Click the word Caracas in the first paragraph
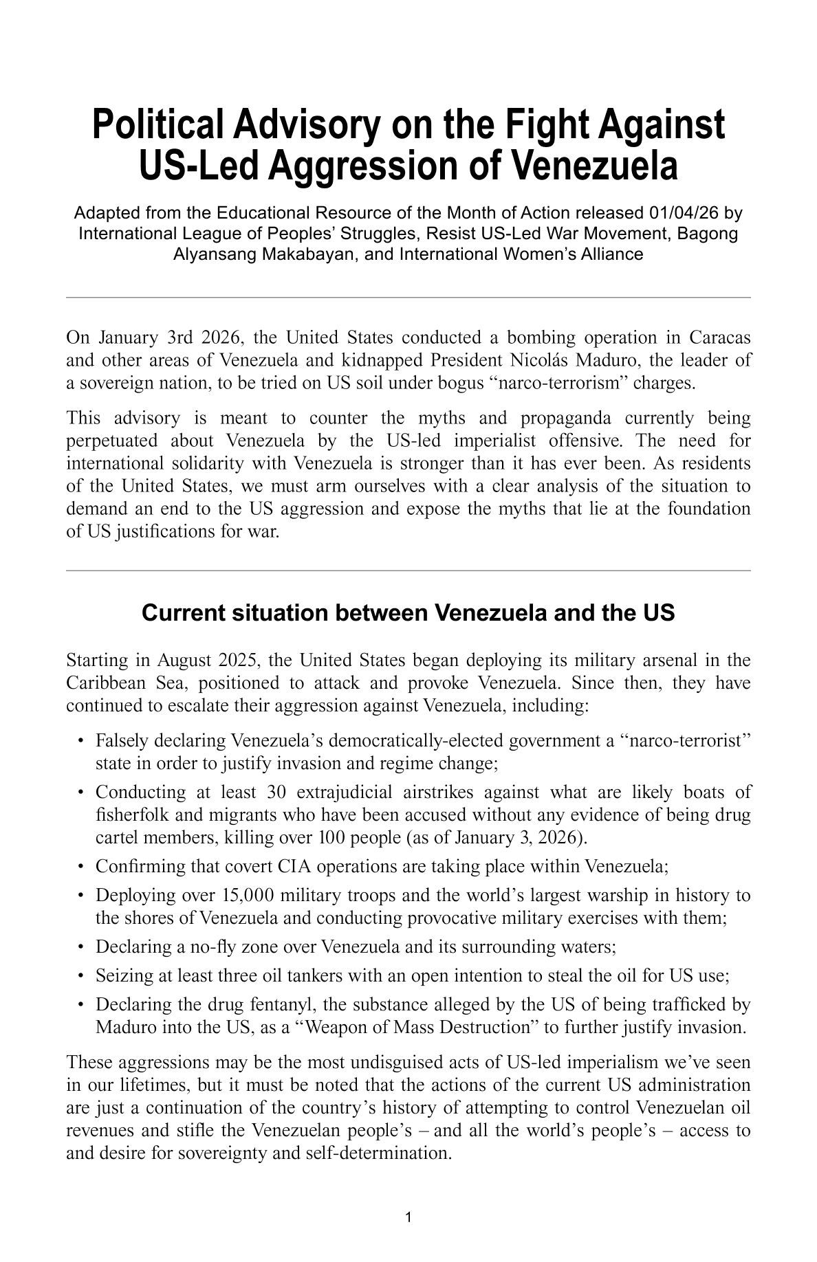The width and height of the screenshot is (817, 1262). click(x=719, y=337)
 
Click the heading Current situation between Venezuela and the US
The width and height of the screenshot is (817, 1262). click(x=408, y=612)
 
